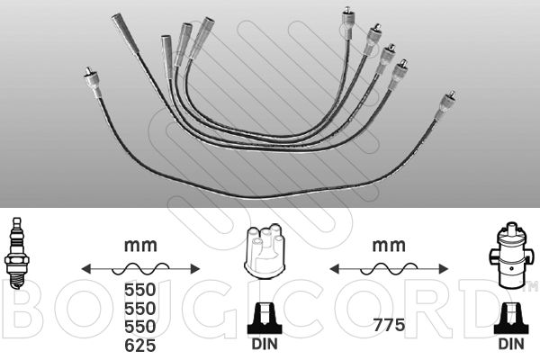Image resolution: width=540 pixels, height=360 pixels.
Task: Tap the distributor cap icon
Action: (x=265, y=250)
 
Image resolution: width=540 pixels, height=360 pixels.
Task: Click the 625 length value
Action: (x=140, y=346)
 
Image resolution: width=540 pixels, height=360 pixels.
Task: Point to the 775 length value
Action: (x=389, y=325)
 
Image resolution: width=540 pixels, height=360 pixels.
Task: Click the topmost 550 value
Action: (x=140, y=290)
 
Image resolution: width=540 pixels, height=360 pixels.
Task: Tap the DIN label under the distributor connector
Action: (x=265, y=344)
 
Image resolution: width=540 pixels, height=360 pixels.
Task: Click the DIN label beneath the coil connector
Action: (x=511, y=344)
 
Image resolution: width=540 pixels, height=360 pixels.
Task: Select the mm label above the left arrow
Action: (x=140, y=246)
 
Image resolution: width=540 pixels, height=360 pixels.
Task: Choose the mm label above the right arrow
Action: (x=389, y=246)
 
